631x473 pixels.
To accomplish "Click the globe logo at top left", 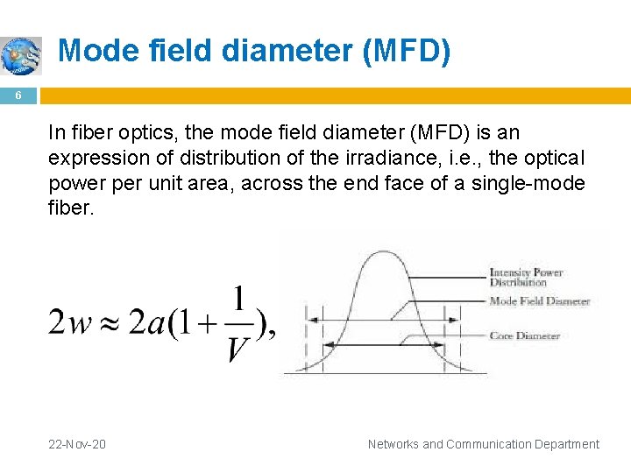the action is (21, 55).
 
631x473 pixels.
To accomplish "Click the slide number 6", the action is (17, 97).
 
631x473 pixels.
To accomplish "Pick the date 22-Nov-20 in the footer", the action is (77, 444).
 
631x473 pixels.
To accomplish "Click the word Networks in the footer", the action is (393, 444).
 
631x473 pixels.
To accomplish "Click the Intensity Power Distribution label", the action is (525, 277).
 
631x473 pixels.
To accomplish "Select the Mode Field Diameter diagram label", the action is (538, 301).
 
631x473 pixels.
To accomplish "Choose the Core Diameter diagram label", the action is (524, 335).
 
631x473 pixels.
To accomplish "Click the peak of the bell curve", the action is (379, 254).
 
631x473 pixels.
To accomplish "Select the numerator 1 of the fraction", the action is (238, 298).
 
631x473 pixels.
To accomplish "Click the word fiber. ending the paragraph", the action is (70, 208).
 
